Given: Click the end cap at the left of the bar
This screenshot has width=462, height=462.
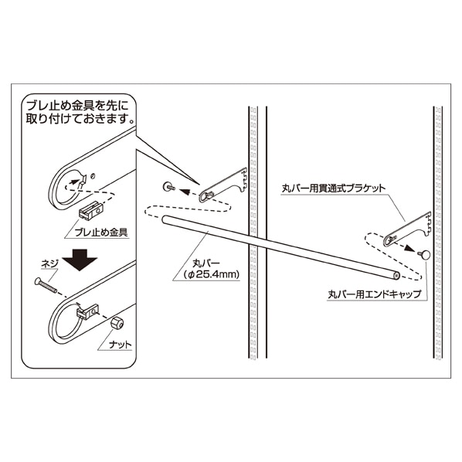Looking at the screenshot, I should (168, 185).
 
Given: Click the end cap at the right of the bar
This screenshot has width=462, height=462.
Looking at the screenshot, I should (424, 254).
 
